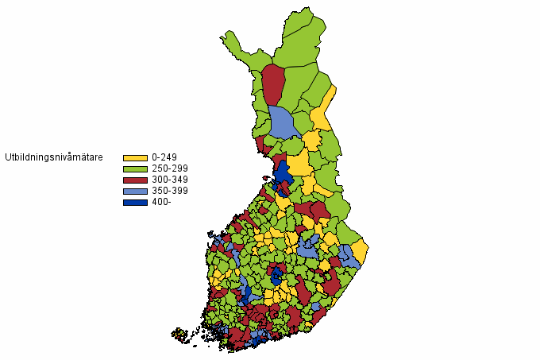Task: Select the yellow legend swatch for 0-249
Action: pyautogui.click(x=135, y=158)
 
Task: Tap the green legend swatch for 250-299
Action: pyautogui.click(x=135, y=169)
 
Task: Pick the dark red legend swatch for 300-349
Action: pyautogui.click(x=135, y=180)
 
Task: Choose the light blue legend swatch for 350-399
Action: pyautogui.click(x=135, y=192)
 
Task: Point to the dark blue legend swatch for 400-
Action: pyautogui.click(x=135, y=203)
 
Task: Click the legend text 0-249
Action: pyautogui.click(x=164, y=158)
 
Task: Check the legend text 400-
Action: pyautogui.click(x=161, y=203)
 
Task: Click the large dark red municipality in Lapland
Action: pyautogui.click(x=273, y=84)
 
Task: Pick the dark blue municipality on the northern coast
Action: pyautogui.click(x=283, y=176)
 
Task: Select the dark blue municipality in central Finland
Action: pyautogui.click(x=276, y=276)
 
